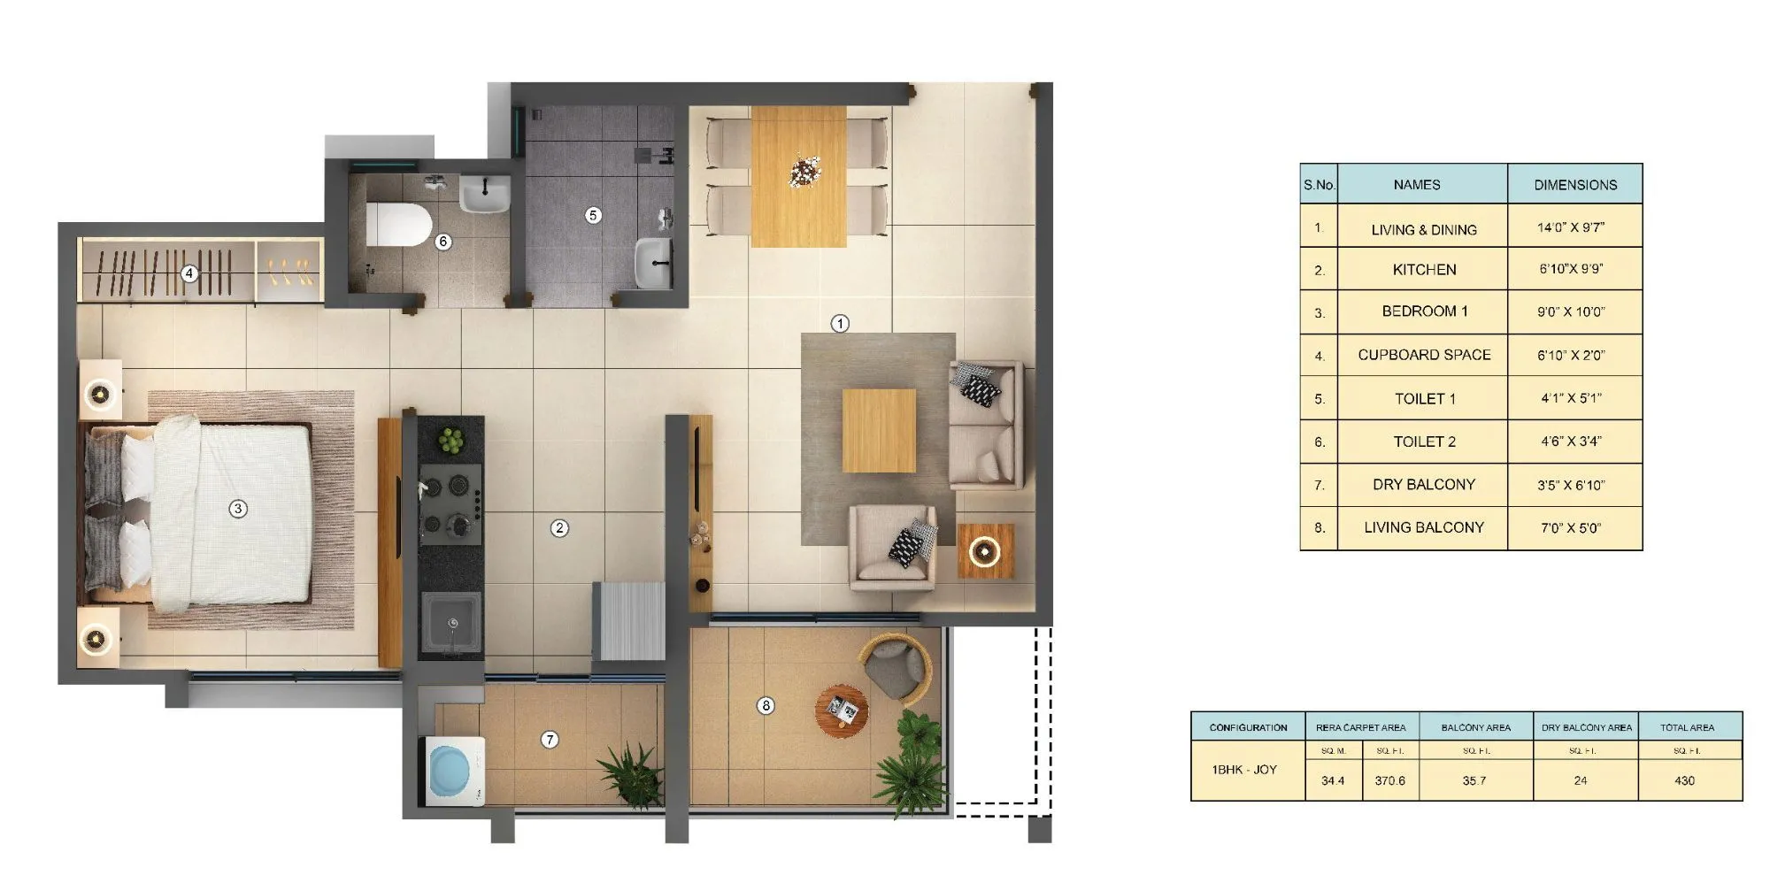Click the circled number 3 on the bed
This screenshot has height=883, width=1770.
237,509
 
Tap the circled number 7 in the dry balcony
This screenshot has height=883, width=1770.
550,740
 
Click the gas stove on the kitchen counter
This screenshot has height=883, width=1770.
450,505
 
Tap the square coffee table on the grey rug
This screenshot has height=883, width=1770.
879,431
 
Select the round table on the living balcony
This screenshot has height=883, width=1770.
842,710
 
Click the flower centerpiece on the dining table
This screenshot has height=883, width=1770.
804,170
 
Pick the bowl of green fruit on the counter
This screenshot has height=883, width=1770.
451,439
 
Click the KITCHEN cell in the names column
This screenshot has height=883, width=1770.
1423,270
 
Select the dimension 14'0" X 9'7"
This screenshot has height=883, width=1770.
1571,228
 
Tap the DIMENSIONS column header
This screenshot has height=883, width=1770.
1574,185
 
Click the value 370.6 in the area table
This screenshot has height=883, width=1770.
1389,781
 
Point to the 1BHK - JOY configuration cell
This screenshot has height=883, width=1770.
1244,770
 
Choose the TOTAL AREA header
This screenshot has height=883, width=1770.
1687,727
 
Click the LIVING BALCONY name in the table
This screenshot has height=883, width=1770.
1423,528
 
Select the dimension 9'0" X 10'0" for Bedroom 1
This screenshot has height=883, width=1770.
1571,312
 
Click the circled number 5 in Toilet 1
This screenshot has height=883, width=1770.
593,215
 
